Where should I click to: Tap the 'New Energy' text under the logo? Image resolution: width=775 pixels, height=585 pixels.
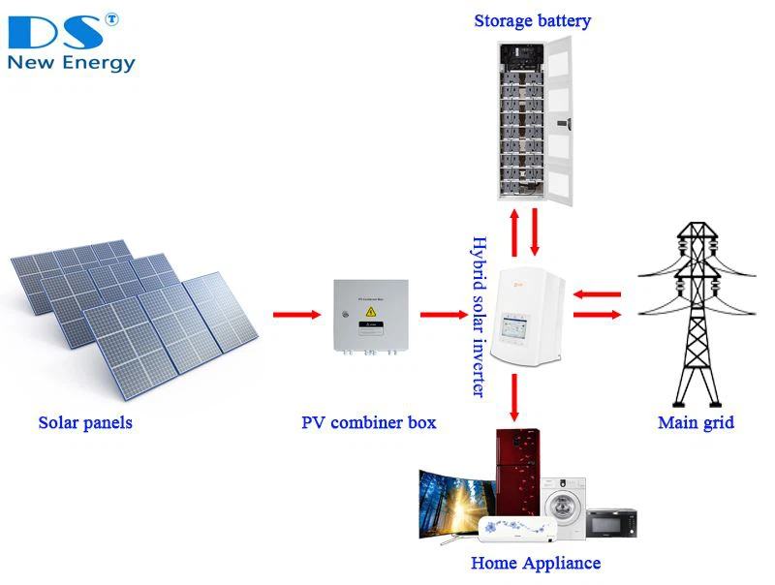(71, 64)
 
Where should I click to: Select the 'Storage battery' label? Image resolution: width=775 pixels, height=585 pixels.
(532, 20)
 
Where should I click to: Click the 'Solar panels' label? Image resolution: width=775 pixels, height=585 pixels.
(85, 422)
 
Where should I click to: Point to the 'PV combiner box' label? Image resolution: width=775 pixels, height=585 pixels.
(368, 422)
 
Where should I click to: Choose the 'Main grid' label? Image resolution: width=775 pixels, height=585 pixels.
(696, 422)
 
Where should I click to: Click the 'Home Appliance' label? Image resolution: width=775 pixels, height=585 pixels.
(535, 563)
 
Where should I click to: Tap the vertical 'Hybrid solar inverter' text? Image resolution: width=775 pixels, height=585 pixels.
(477, 316)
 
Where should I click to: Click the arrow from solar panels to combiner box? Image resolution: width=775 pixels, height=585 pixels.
(296, 314)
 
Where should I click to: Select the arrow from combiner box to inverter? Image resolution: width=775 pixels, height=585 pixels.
(444, 314)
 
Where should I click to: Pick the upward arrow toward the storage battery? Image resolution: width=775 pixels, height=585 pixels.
(513, 231)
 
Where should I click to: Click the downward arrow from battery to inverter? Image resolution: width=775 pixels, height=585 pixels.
(534, 231)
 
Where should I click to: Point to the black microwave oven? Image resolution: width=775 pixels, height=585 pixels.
(611, 523)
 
